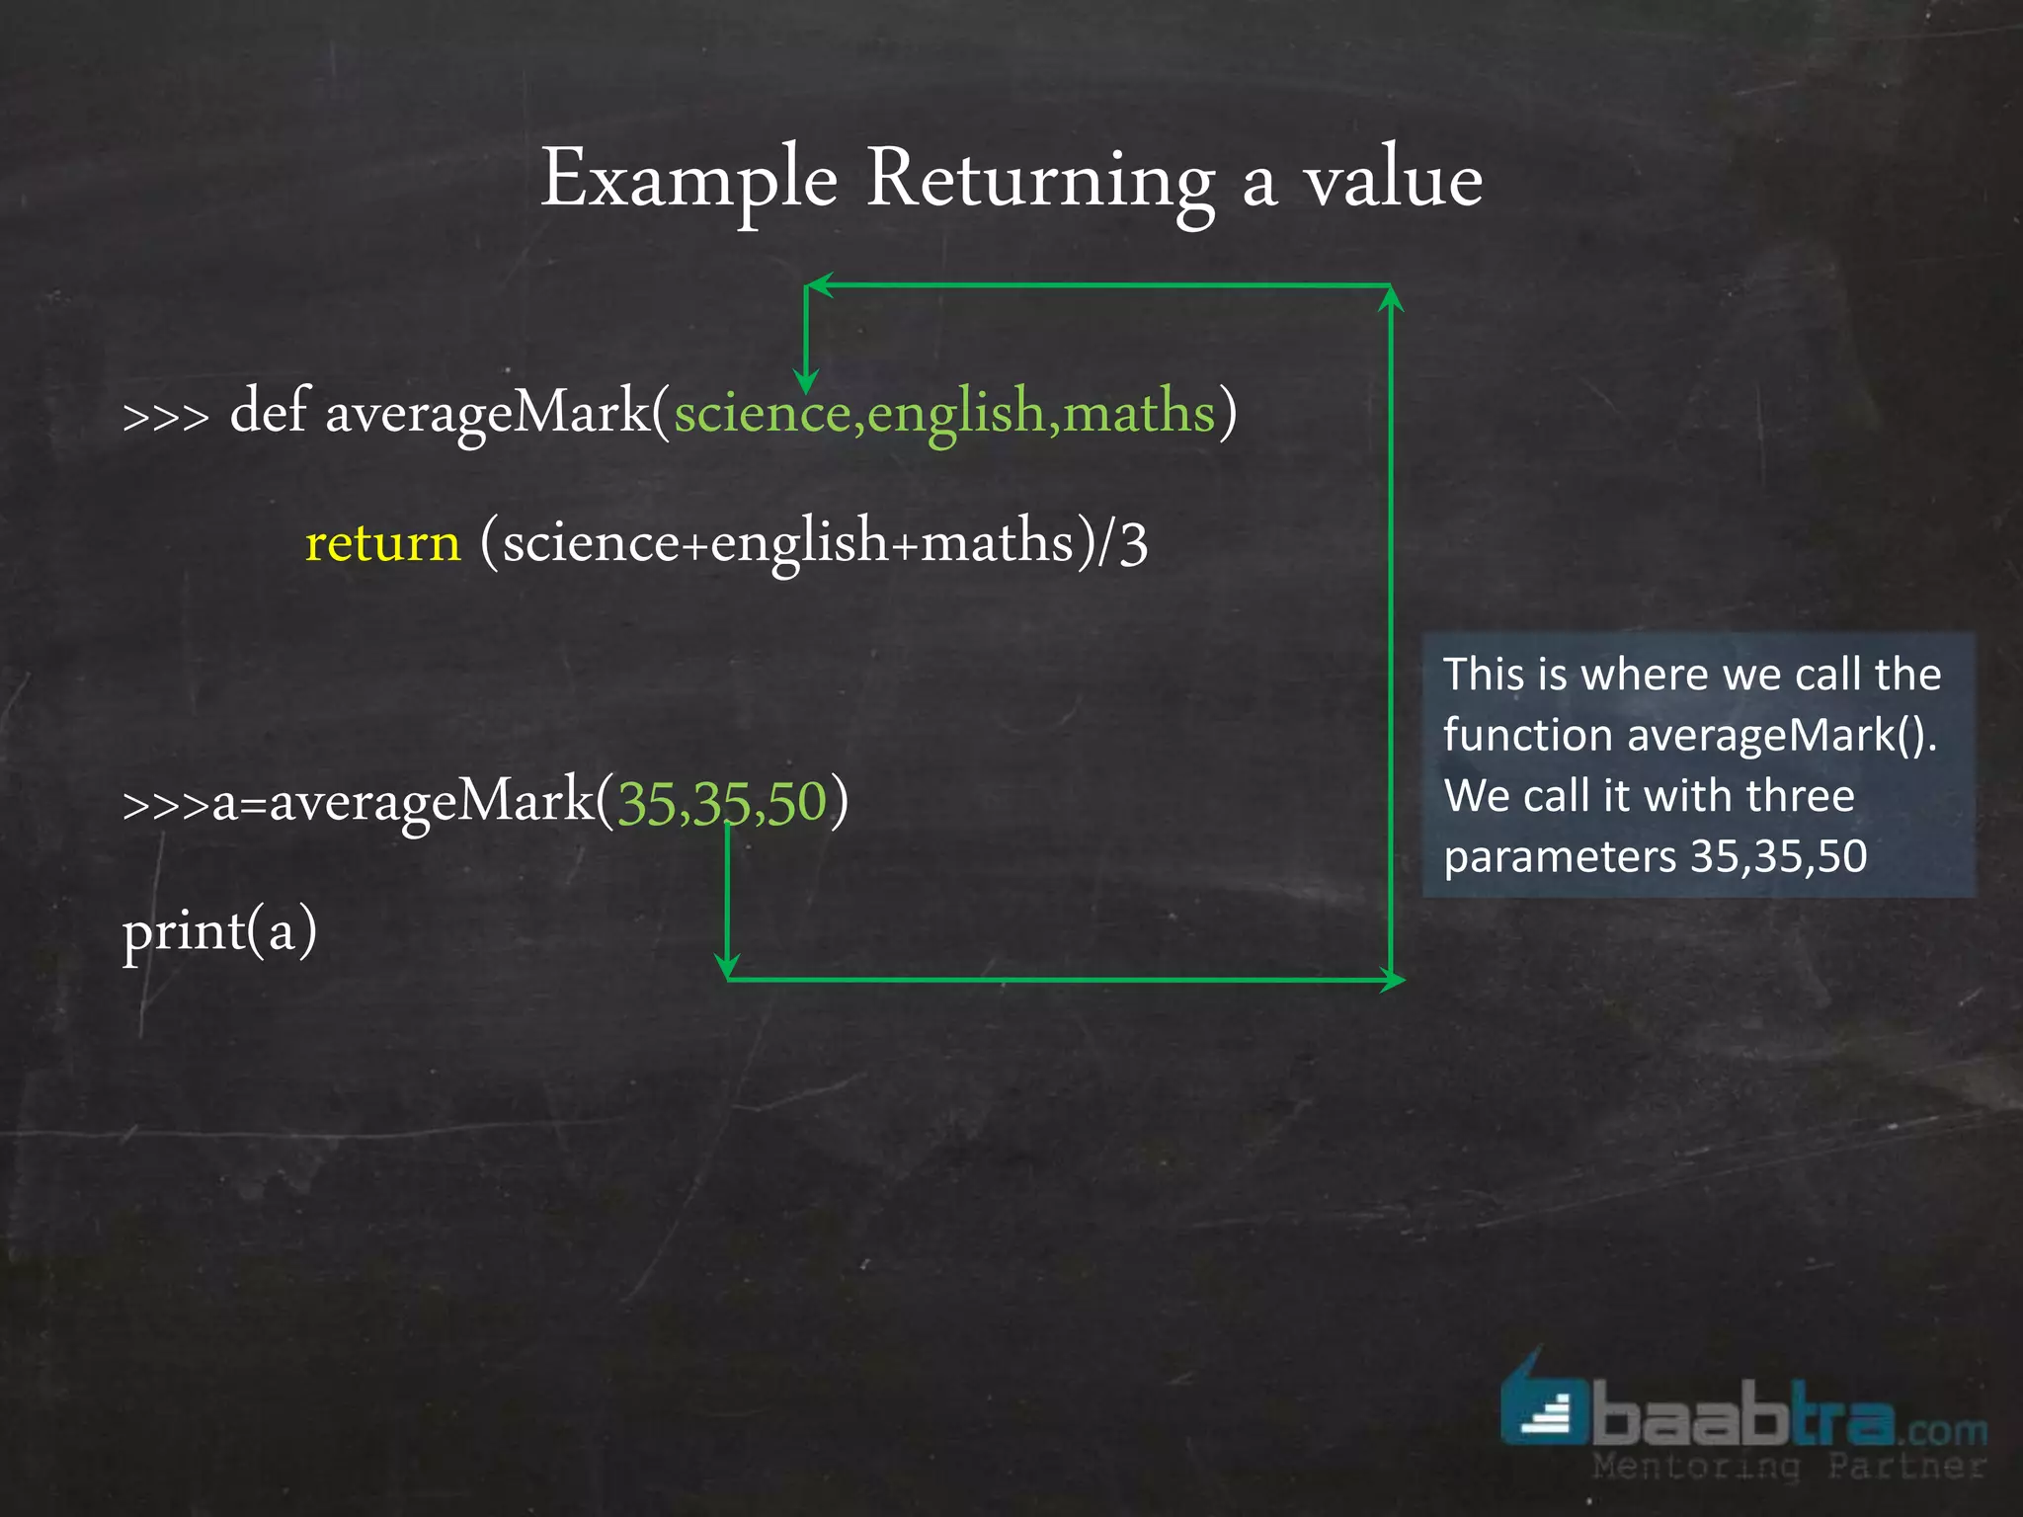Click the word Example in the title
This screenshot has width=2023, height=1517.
tap(688, 181)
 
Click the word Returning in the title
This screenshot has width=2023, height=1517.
tap(1040, 181)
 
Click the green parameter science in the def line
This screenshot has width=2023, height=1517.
tap(763, 413)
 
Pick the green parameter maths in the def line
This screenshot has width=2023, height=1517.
tap(1139, 413)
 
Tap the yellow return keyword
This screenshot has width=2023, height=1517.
tap(383, 543)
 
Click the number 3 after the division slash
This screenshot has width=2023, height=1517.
tap(1134, 543)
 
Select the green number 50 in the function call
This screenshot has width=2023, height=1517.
tap(796, 802)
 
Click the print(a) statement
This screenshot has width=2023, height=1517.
tap(219, 931)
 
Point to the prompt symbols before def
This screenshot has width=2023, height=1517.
tap(165, 416)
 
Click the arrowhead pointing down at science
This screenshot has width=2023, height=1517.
tap(806, 383)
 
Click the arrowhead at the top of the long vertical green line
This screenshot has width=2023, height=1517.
tap(1391, 295)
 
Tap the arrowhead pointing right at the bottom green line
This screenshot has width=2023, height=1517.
tap(1394, 980)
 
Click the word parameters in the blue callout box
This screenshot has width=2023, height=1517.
tap(1559, 856)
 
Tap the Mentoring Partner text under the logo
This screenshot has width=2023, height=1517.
tap(1788, 1466)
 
